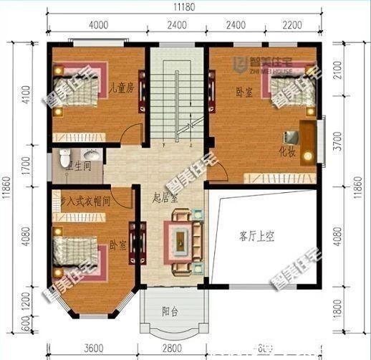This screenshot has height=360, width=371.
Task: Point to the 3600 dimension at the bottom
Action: pos(92,349)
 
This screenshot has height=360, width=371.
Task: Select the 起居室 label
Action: pos(166,196)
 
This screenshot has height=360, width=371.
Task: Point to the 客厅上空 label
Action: pos(256,237)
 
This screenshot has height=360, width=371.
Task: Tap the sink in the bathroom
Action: pos(92,155)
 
